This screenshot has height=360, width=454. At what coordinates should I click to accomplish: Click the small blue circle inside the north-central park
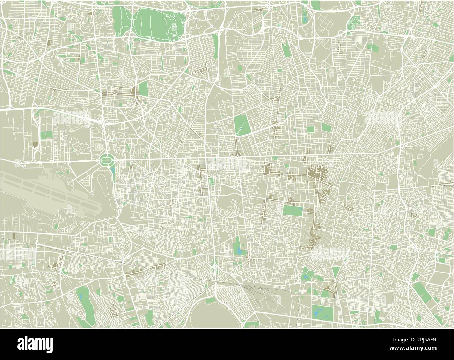[241, 129]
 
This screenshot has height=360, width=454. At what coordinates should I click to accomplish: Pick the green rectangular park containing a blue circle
[241, 124]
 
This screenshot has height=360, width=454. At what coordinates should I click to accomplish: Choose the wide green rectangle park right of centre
[293, 210]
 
